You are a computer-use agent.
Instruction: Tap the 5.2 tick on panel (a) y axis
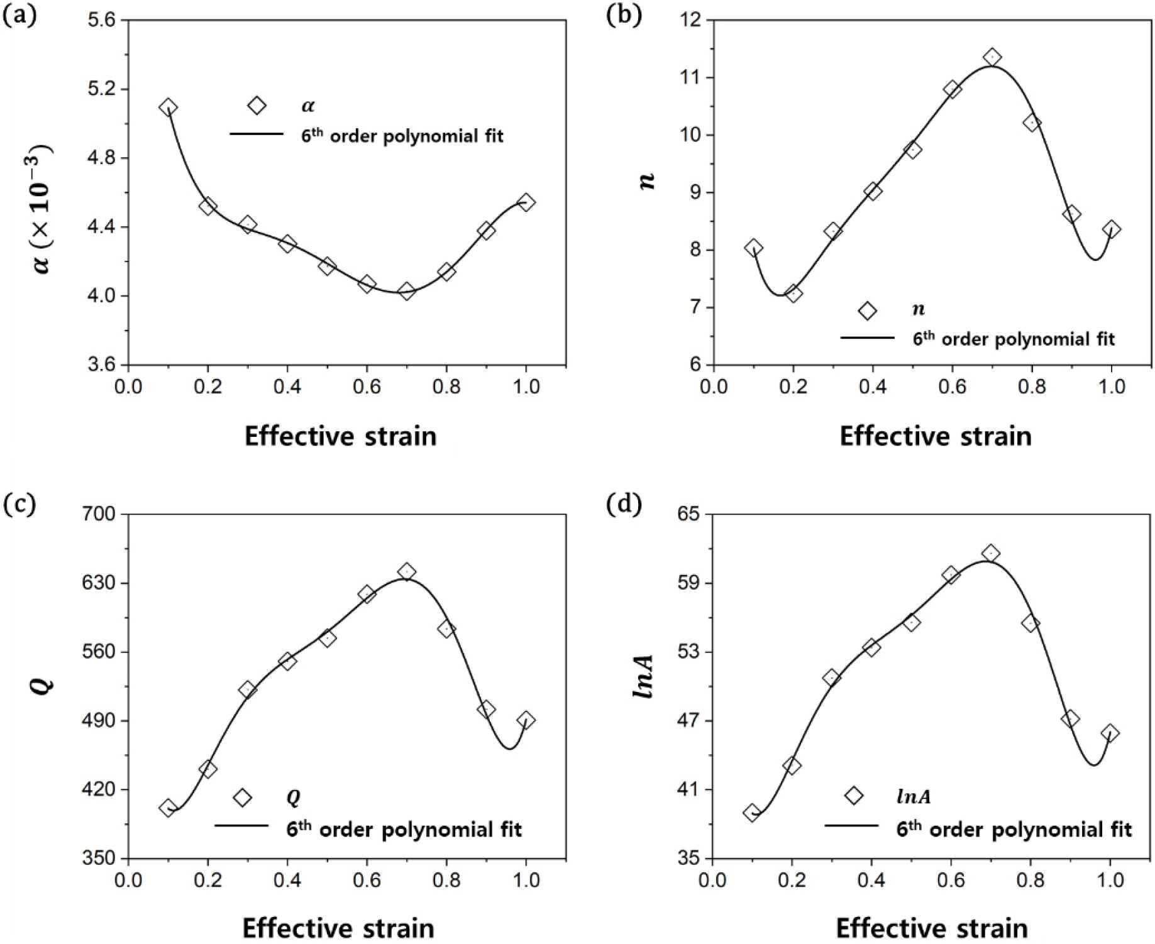coord(107,89)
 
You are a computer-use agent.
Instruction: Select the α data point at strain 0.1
coord(168,107)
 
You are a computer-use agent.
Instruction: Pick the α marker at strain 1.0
coord(526,202)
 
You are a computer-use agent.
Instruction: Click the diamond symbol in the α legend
coord(257,106)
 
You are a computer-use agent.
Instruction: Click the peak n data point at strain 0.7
coord(992,57)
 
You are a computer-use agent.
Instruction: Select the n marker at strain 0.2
coord(793,293)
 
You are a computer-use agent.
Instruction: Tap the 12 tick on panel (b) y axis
coord(693,20)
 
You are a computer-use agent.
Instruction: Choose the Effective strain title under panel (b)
coord(935,436)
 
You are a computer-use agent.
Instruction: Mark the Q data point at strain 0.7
coord(407,571)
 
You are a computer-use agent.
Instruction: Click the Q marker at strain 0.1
coord(168,808)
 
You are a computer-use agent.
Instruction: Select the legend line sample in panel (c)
coord(241,825)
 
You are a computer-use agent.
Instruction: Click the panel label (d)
coord(623,505)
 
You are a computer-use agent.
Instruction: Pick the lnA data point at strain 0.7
coord(991,553)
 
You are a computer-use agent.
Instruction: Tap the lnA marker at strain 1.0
coord(1110,733)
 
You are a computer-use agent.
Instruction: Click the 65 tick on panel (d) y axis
coord(693,514)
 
